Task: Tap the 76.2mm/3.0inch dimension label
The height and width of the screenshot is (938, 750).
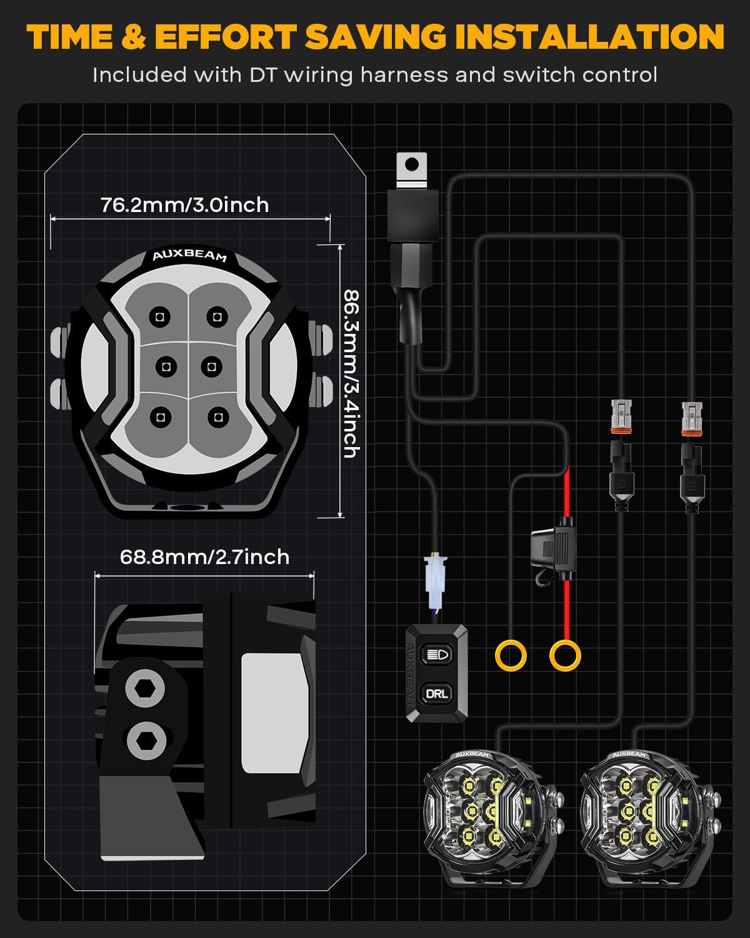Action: [x=184, y=205]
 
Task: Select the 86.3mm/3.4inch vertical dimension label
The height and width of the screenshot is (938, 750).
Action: [x=351, y=373]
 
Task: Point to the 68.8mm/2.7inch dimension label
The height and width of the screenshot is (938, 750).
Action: [x=204, y=557]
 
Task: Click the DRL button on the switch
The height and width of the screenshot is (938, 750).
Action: [x=436, y=693]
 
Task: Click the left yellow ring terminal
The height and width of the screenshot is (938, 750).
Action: [x=511, y=656]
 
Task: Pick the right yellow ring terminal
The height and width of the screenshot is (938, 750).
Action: [x=565, y=656]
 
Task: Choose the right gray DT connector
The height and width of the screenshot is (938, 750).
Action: [x=694, y=418]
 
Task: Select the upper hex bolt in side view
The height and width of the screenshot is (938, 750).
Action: [x=145, y=689]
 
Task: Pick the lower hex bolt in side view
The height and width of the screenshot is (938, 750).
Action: [x=146, y=740]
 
